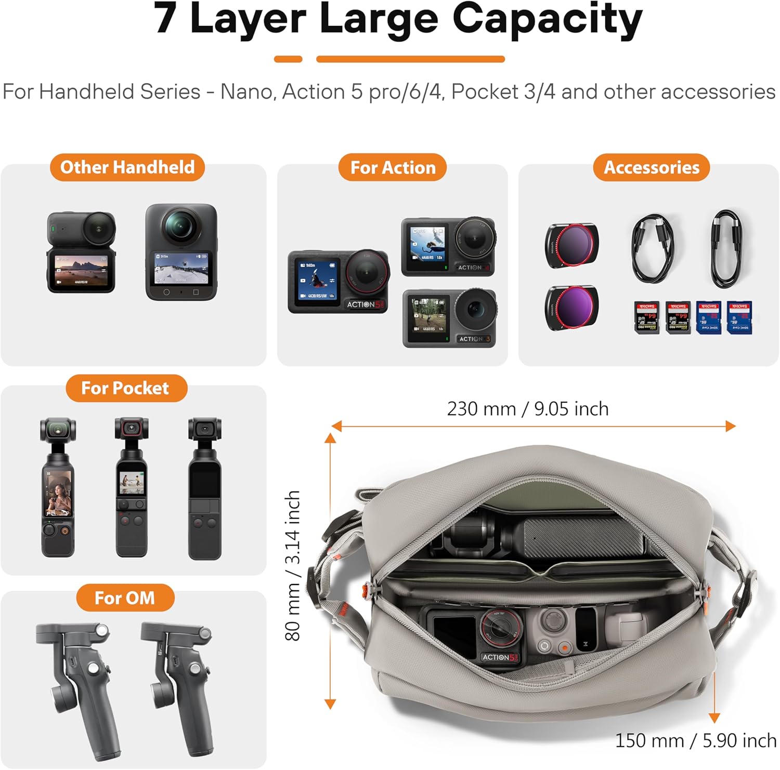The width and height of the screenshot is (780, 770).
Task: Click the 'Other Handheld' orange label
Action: (x=127, y=167)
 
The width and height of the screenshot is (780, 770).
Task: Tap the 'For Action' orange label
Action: (x=393, y=168)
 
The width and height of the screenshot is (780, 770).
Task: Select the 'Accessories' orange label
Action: (x=651, y=168)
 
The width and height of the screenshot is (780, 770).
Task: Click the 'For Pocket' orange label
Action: (x=125, y=388)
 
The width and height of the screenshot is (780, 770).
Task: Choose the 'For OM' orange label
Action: (x=125, y=598)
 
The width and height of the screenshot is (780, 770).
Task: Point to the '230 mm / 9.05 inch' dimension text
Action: (x=527, y=409)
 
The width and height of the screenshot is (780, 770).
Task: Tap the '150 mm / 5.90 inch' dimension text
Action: (x=695, y=740)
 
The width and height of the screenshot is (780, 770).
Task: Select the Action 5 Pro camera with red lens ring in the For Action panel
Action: (x=339, y=282)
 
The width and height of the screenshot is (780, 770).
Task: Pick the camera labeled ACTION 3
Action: (x=449, y=318)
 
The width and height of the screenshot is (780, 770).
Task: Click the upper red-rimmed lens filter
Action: (x=571, y=245)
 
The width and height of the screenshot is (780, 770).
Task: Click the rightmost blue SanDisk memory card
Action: (x=739, y=317)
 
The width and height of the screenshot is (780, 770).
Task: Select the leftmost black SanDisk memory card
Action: (x=647, y=317)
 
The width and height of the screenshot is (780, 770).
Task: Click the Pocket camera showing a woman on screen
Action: (x=58, y=488)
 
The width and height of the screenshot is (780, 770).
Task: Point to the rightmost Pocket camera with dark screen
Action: (x=205, y=488)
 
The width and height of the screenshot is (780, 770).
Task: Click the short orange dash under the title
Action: (x=288, y=59)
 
